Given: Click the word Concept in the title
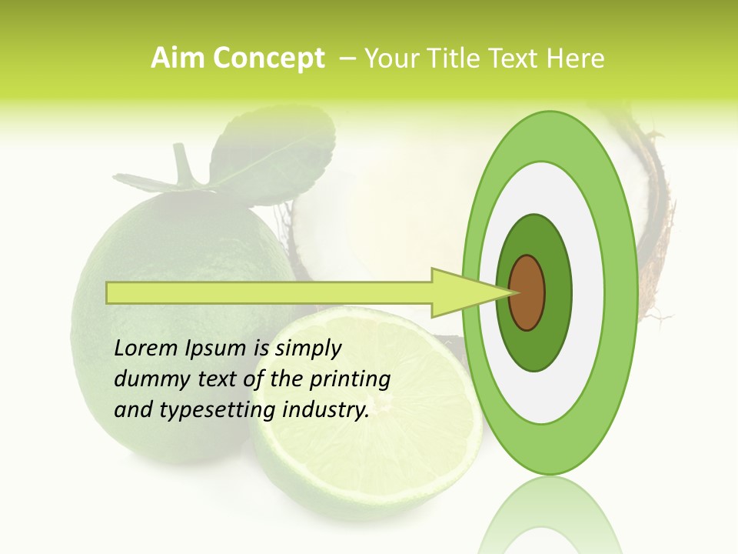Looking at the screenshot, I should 269,58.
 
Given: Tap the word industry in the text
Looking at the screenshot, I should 326,409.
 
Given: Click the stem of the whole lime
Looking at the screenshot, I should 183,165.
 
